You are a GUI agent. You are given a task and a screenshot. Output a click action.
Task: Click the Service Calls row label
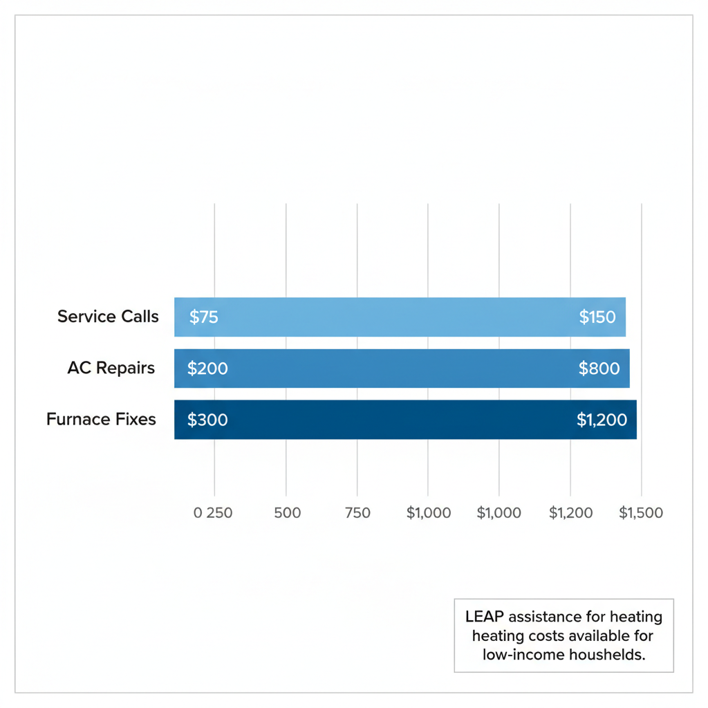pyautogui.click(x=108, y=317)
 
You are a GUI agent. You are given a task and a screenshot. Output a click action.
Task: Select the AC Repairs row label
pyautogui.click(x=111, y=368)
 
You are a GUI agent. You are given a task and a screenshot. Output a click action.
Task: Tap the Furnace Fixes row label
pyautogui.click(x=101, y=419)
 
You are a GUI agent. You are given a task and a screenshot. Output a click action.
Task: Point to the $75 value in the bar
pyautogui.click(x=203, y=317)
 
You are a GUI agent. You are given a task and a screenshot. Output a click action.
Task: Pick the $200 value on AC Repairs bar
pyautogui.click(x=207, y=369)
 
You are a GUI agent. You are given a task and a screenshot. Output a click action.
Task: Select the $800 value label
pyautogui.click(x=599, y=369)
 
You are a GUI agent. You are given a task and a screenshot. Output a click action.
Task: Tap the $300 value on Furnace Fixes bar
pyautogui.click(x=207, y=420)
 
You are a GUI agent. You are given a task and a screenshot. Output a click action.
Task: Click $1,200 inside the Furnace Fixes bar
pyautogui.click(x=602, y=420)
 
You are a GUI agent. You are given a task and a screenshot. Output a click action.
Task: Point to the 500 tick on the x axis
pyautogui.click(x=288, y=513)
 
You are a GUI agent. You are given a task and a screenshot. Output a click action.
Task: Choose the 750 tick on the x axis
pyautogui.click(x=357, y=513)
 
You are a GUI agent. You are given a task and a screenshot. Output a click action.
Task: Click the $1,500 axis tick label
pyautogui.click(x=641, y=513)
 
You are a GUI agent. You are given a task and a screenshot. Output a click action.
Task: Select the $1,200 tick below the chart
pyautogui.click(x=570, y=513)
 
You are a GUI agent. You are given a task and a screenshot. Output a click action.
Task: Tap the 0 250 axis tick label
pyautogui.click(x=213, y=513)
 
